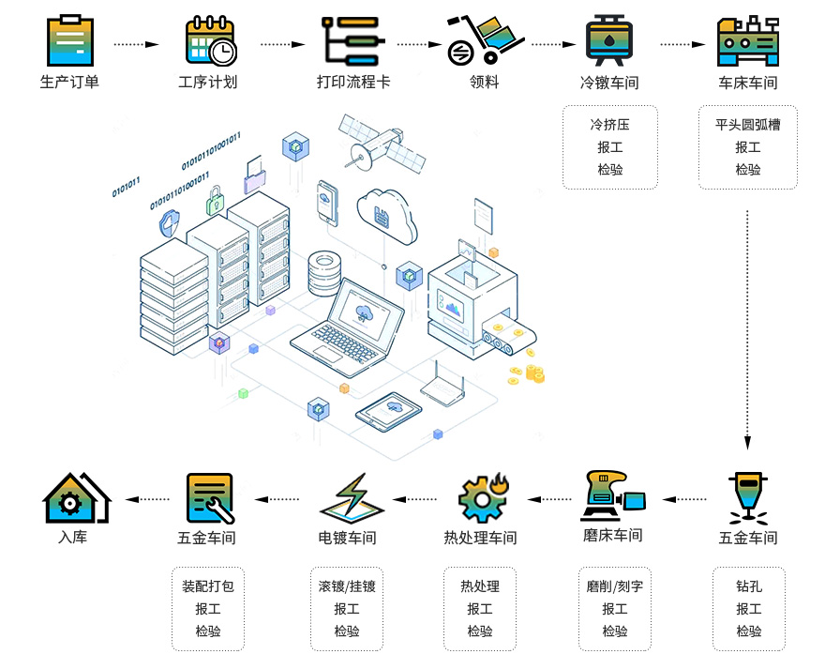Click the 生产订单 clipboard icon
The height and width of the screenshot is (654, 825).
[68, 38]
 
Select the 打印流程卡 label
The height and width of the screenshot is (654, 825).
[353, 82]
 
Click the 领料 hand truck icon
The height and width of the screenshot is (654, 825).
[484, 38]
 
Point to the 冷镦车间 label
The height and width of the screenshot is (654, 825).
[609, 83]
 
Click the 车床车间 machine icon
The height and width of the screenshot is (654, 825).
[747, 40]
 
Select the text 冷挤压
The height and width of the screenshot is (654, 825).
[609, 125]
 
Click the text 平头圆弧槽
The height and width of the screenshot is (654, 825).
[747, 125]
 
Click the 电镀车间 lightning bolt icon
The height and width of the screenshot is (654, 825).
[352, 498]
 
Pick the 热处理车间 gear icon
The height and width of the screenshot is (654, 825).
[482, 498]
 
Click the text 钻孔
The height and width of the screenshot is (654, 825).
[748, 586]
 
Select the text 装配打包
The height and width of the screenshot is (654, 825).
[208, 586]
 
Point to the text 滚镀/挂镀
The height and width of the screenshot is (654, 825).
[347, 586]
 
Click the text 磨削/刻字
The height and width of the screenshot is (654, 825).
[615, 586]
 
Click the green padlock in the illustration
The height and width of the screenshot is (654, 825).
[216, 199]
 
